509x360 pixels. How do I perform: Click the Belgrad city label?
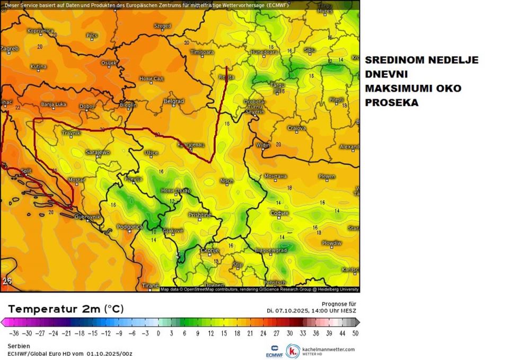coord(174,101)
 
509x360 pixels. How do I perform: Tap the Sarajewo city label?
coord(98,153)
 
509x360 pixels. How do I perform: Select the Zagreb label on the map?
coord(10,49)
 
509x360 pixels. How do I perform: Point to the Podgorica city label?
coord(129,226)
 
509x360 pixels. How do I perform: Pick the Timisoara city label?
coord(203,53)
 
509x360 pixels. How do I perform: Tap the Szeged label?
coord(162,25)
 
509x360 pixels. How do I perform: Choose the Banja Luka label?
coord(54,104)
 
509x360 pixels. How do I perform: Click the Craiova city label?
coord(297,128)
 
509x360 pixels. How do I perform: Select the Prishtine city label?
coord(200,215)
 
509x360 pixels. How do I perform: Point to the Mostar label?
coord(76,181)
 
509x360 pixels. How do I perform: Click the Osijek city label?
coord(109,63)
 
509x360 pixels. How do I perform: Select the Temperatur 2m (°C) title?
coord(66,309)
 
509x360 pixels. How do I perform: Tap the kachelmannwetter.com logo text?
coord(328,349)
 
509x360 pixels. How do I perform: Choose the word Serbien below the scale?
coord(19,346)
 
